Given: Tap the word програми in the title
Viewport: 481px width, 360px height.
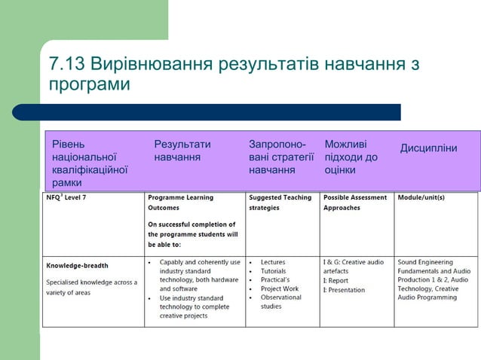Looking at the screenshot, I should (89, 85).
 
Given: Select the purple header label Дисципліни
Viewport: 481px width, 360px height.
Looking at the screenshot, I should (428, 147).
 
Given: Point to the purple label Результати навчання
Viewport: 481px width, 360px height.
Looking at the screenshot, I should (182, 151).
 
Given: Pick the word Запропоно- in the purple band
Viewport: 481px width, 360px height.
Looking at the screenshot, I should (277, 144).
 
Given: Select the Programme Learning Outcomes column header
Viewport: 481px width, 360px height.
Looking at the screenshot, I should (181, 202).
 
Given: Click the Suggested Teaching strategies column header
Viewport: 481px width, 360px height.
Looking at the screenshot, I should (280, 202).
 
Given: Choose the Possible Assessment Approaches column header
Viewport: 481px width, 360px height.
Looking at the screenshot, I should (354, 202).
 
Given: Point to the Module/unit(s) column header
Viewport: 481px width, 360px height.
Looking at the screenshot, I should (421, 198).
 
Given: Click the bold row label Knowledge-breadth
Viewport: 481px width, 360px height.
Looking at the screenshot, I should (77, 265).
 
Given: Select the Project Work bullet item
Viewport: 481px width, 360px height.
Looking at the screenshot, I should (279, 288).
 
